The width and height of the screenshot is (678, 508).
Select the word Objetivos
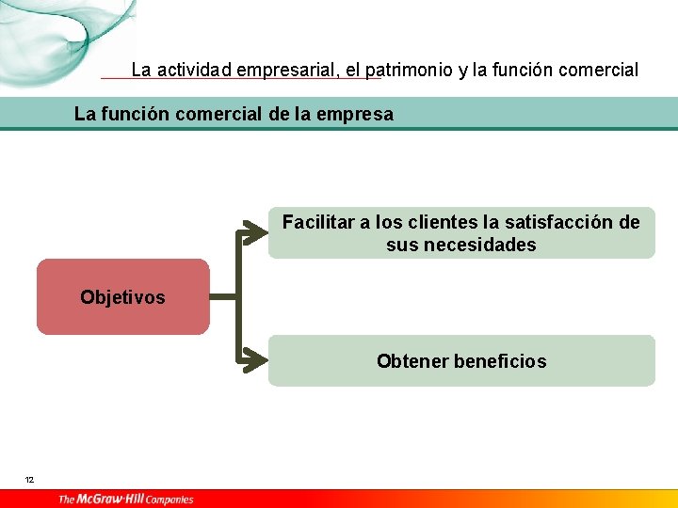(x=122, y=297)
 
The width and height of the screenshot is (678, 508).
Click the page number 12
(x=30, y=480)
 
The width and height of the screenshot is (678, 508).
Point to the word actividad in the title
(x=195, y=70)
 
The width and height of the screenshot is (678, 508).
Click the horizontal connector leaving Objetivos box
(x=224, y=296)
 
